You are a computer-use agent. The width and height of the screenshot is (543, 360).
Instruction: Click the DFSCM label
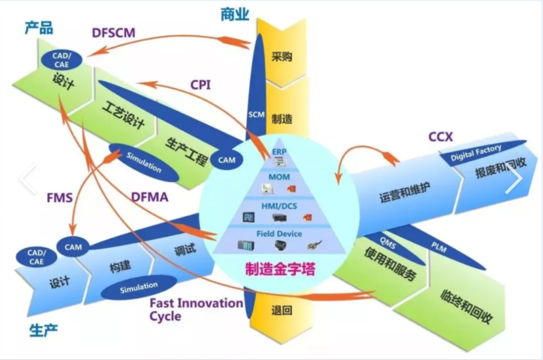114,32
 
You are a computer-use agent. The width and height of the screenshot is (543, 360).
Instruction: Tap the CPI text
201,84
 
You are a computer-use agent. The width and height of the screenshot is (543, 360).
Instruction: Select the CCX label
441,137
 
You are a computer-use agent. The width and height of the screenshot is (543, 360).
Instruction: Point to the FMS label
60,196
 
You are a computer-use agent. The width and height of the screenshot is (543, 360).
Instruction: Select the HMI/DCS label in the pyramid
280,205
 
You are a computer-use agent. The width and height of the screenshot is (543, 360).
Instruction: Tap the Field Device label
280,234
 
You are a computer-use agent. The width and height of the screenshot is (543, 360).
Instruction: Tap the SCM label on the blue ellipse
256,114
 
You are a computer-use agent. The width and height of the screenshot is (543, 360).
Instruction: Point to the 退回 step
281,310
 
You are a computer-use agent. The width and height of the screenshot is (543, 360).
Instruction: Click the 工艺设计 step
124,115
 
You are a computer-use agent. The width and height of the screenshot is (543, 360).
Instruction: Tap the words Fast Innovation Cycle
196,308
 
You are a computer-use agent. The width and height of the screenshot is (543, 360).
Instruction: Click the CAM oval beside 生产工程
226,160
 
